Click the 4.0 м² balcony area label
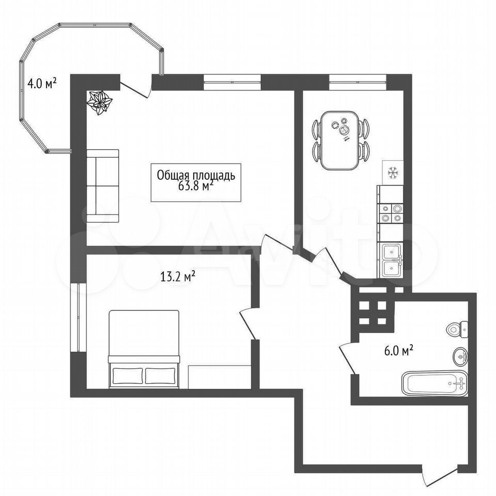tap(42, 84)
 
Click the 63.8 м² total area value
tap(195, 186)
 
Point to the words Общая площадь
tap(196, 175)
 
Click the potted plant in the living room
tap(100, 102)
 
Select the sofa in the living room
tap(103, 186)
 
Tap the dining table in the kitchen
tap(340, 140)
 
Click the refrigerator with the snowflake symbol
tap(393, 173)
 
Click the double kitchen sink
tap(392, 260)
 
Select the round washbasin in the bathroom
tap(461, 357)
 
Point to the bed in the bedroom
tap(144, 349)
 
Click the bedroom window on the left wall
tap(78, 317)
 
